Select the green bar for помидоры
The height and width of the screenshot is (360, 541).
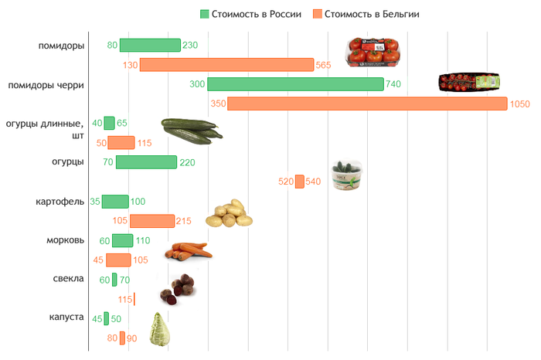tap(150, 46)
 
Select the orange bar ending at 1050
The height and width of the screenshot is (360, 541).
tap(367, 104)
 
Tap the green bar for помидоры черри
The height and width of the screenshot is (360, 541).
tap(295, 84)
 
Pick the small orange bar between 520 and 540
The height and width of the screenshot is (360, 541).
tap(300, 182)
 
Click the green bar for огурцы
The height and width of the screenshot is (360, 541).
tap(146, 162)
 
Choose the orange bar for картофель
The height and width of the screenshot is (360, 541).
tap(152, 221)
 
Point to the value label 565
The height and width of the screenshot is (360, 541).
tap(324, 65)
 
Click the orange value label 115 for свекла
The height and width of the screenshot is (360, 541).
tap(124, 299)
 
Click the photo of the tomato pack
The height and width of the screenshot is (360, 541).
tap(373, 51)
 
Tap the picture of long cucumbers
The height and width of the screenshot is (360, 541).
tap(191, 129)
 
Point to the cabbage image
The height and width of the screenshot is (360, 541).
tap(159, 327)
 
